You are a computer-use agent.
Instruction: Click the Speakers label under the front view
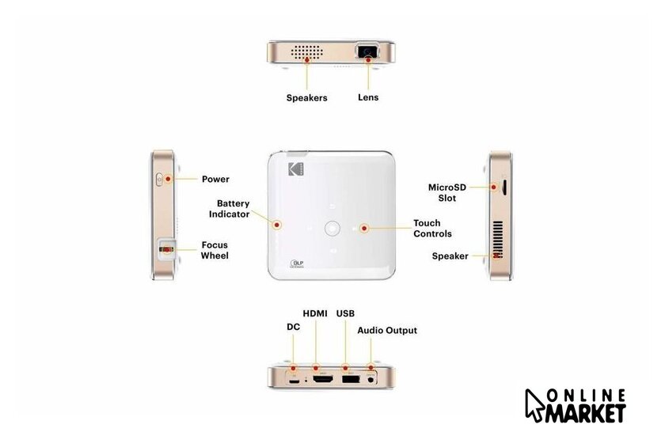click(306, 98)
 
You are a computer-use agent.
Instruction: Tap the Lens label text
click(368, 97)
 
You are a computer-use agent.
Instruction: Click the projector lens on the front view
click(367, 51)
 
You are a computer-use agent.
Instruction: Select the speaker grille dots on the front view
click(306, 52)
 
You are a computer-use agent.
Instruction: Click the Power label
click(215, 180)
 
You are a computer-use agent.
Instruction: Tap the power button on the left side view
click(159, 180)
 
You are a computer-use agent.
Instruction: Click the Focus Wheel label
click(215, 250)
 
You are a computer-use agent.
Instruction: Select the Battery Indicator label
click(229, 209)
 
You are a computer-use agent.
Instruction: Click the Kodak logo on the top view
click(296, 169)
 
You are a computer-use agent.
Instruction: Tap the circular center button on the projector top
click(332, 228)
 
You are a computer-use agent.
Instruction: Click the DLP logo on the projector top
click(297, 263)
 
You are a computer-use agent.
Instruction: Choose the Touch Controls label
click(432, 229)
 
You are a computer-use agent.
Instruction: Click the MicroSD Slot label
click(447, 193)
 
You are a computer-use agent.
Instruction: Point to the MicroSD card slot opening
click(505, 188)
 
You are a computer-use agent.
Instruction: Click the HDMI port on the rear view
click(323, 380)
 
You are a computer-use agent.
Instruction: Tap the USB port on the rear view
click(350, 379)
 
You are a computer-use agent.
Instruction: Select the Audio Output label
click(387, 331)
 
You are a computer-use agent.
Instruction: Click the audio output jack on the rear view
click(371, 380)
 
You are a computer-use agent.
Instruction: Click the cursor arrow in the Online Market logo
click(534, 405)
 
